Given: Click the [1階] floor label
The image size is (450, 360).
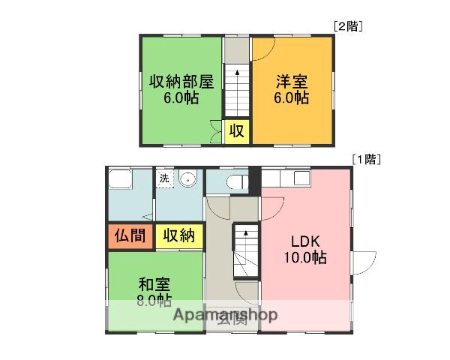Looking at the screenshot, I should coord(367,159).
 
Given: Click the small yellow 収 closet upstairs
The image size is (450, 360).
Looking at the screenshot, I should coord(236,132).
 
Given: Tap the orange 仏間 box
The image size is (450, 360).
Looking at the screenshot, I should coord(130,235).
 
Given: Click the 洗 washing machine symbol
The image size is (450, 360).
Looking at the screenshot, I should coord(164,178).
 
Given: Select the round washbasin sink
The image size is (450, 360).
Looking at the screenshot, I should coord(187,179).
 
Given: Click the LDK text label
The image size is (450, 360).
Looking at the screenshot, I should coord(306,241).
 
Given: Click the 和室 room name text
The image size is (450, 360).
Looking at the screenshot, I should coord(154,285).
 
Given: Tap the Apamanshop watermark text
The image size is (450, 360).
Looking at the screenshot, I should coord(226,314).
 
